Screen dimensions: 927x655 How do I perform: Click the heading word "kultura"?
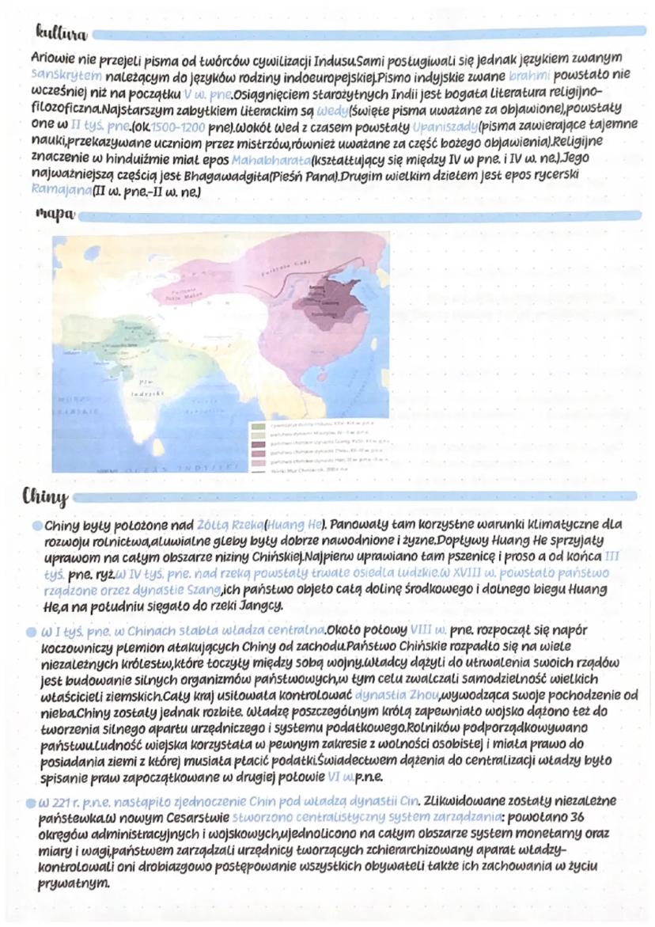coord(59,33)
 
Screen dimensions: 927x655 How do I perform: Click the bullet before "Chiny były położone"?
coord(37,524)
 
